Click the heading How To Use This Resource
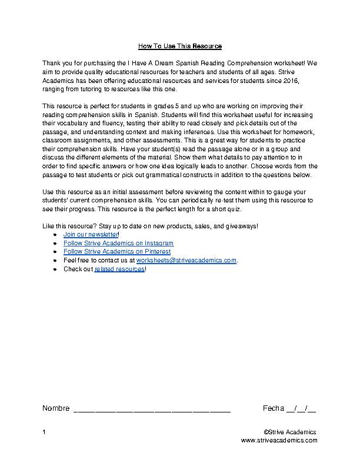coord(180,46)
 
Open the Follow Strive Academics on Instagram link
coord(118,243)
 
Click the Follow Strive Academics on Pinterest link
coord(116,252)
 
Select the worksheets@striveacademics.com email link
coord(186,260)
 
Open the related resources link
coord(119,269)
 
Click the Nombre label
coord(55,408)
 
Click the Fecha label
coord(274,408)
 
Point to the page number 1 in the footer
coord(44,432)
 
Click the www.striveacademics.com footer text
coord(279,440)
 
